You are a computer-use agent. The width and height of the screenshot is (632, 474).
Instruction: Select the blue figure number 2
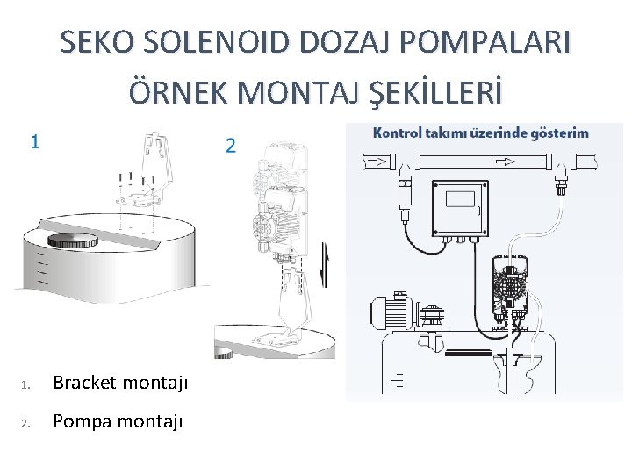tap(230, 146)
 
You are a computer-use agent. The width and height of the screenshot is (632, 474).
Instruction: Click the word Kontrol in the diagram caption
tap(399, 133)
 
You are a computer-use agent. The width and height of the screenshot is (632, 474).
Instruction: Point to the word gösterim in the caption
tap(556, 133)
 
